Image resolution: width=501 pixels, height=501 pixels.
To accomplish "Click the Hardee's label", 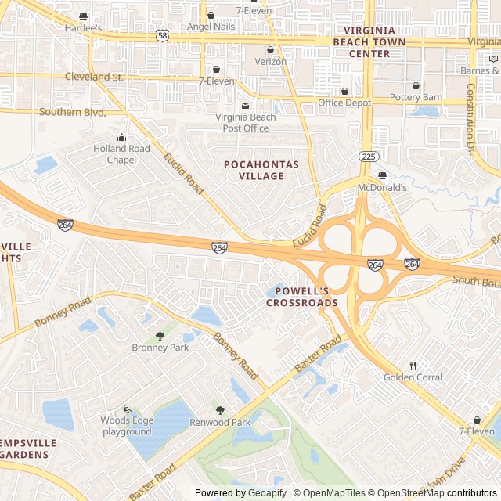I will coord(84,28).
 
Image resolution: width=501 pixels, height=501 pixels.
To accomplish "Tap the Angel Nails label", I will coord(211,27).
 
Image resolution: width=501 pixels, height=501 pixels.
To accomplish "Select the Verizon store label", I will coord(271,61).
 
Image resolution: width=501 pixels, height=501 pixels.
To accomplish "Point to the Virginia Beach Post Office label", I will coord(246,123).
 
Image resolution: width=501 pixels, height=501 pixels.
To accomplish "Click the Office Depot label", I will coord(344,103).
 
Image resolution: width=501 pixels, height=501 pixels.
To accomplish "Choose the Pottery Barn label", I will coord(416,97).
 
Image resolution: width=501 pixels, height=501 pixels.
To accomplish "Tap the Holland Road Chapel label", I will coord(121,154).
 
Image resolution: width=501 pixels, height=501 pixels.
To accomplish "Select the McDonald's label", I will coord(382,188).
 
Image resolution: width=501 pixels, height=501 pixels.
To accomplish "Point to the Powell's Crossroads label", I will coord(301,297).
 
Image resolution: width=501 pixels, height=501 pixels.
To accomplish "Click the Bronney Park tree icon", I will coord(160,336).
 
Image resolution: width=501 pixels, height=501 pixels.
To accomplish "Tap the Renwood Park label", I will coord(220,422).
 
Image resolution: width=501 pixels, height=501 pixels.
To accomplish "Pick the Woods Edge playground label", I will coord(126,426).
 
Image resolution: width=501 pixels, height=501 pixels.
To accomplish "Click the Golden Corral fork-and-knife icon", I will coord(413,366).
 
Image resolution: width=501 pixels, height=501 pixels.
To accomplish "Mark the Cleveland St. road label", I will coord(95,77).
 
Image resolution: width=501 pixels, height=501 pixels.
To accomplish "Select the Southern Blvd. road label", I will coord(72,112).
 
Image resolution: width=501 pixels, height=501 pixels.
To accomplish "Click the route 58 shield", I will coord(162,35).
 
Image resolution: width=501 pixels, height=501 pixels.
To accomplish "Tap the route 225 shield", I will coord(366,156).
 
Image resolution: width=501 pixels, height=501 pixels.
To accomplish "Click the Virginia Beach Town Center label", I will coord(369,48).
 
